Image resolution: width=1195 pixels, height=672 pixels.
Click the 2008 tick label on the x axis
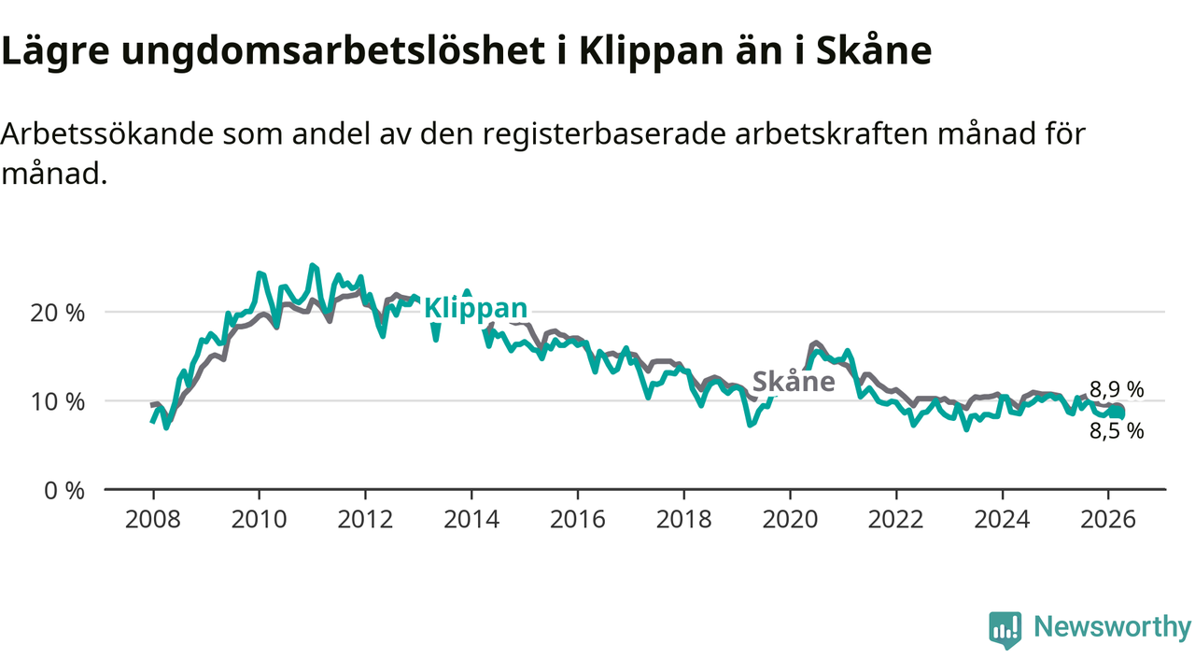tap(152, 519)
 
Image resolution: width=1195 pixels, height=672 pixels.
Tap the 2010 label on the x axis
tap(259, 519)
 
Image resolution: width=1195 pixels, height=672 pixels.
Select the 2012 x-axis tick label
tap(365, 519)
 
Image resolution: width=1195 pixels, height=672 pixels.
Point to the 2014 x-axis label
tap(471, 519)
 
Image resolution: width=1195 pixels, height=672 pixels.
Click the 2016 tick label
tap(577, 519)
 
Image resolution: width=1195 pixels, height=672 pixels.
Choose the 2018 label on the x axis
tap(683, 519)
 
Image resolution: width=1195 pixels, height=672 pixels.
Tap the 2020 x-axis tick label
tap(790, 519)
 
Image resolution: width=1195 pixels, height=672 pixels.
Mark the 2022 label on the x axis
tap(896, 519)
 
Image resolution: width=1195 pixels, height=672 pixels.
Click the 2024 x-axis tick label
tap(1002, 519)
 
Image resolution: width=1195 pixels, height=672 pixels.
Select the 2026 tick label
tap(1108, 519)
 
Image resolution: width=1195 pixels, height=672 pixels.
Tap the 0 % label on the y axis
tap(66, 490)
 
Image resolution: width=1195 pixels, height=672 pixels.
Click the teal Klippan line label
tap(475, 309)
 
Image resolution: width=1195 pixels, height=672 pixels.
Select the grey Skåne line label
tap(794, 382)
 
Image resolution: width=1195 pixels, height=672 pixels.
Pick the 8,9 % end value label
tap(1117, 390)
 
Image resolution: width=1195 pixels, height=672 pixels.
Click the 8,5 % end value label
tap(1117, 430)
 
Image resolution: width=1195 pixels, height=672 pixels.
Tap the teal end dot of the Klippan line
tap(1118, 413)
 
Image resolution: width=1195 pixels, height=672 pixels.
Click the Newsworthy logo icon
tap(1005, 629)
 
